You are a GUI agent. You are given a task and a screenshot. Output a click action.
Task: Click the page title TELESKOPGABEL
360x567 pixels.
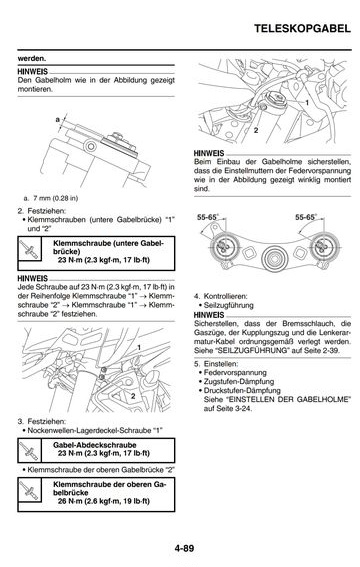point(302,29)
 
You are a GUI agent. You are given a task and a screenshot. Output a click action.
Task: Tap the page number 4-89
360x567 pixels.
point(184,548)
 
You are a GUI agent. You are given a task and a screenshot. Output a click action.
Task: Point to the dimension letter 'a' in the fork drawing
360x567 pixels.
point(58,119)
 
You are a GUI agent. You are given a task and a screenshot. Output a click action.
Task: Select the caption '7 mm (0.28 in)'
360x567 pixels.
point(56,198)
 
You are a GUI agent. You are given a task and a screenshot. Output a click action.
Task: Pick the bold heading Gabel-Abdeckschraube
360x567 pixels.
point(95,445)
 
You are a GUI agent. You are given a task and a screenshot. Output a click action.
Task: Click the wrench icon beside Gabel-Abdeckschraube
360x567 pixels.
point(29,451)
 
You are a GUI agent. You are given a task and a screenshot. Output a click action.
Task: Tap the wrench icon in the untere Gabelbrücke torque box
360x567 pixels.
point(29,249)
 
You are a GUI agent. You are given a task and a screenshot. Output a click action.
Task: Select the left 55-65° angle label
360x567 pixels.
point(208,217)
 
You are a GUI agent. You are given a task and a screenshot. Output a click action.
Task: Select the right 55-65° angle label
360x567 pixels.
point(306,217)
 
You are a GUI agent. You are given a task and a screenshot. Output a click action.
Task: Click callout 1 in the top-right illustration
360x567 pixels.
point(307,103)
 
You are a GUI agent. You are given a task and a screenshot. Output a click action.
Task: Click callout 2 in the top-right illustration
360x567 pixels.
point(256,130)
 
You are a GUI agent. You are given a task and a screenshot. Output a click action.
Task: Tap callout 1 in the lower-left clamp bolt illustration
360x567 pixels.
point(139,348)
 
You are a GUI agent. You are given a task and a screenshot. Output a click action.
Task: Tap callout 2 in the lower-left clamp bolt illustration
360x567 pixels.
point(133,396)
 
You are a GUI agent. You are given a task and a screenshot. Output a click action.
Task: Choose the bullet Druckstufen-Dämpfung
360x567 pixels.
point(242,391)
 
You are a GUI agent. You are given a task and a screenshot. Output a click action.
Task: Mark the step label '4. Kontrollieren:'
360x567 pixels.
point(220,296)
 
